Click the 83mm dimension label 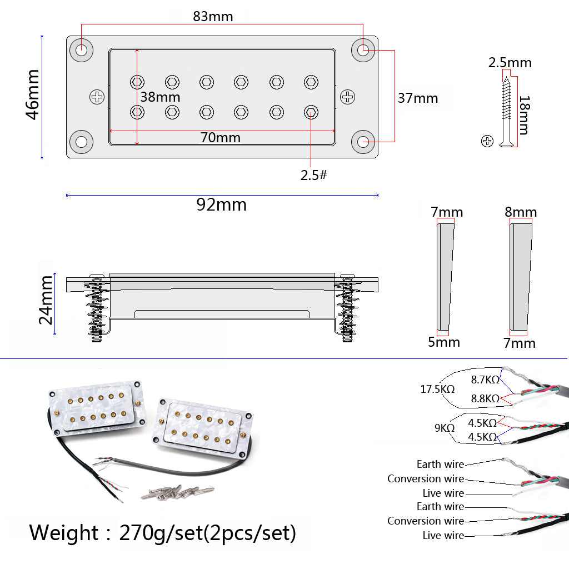click(213, 16)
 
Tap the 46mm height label click(33, 94)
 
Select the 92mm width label click(221, 204)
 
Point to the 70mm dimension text click(220, 138)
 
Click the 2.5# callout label click(314, 175)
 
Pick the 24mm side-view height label click(46, 300)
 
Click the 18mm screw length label click(525, 115)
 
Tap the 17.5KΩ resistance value click(437, 389)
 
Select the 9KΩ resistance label click(445, 428)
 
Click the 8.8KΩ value click(485, 398)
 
